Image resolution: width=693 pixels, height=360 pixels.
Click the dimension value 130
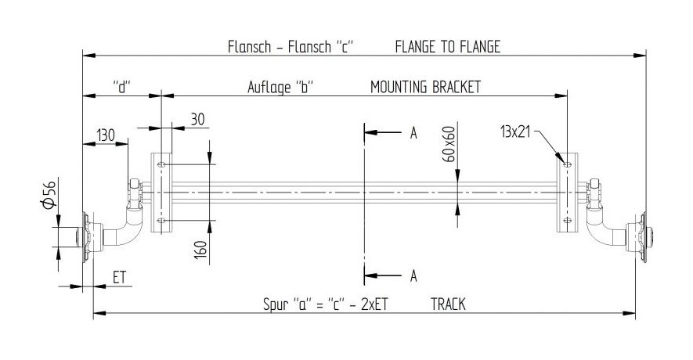coord(107,135)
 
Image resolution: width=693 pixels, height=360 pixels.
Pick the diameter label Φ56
coord(49,193)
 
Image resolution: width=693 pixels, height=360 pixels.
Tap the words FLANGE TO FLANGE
coord(447,47)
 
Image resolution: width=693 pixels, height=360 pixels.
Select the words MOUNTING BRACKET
coord(425,87)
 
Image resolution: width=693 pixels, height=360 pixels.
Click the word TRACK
coord(448,305)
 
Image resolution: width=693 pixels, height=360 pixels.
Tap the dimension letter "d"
coord(121,87)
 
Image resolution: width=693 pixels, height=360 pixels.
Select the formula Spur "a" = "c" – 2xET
coord(325,305)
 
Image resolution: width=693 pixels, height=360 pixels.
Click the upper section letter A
coord(413,134)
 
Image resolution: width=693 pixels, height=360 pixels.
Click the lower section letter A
coord(413,275)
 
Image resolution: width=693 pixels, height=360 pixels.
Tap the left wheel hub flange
coord(88,236)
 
